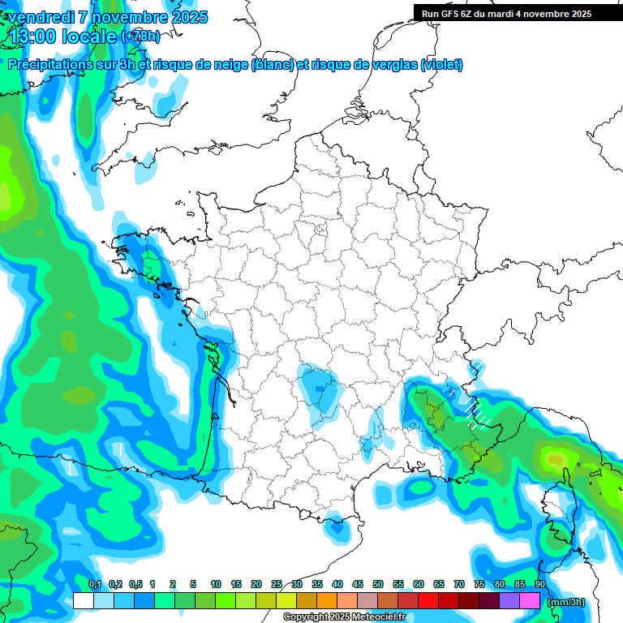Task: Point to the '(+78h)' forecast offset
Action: (140, 37)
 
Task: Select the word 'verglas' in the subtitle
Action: (394, 65)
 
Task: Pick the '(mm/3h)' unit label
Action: (566, 602)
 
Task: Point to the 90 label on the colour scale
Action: (539, 584)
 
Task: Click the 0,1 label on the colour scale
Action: (94, 584)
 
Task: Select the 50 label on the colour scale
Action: (378, 584)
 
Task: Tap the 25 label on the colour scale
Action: (277, 584)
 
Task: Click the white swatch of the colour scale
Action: (84, 601)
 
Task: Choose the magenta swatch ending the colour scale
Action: (530, 601)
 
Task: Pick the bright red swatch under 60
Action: (428, 601)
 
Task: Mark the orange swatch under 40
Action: (327, 601)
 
